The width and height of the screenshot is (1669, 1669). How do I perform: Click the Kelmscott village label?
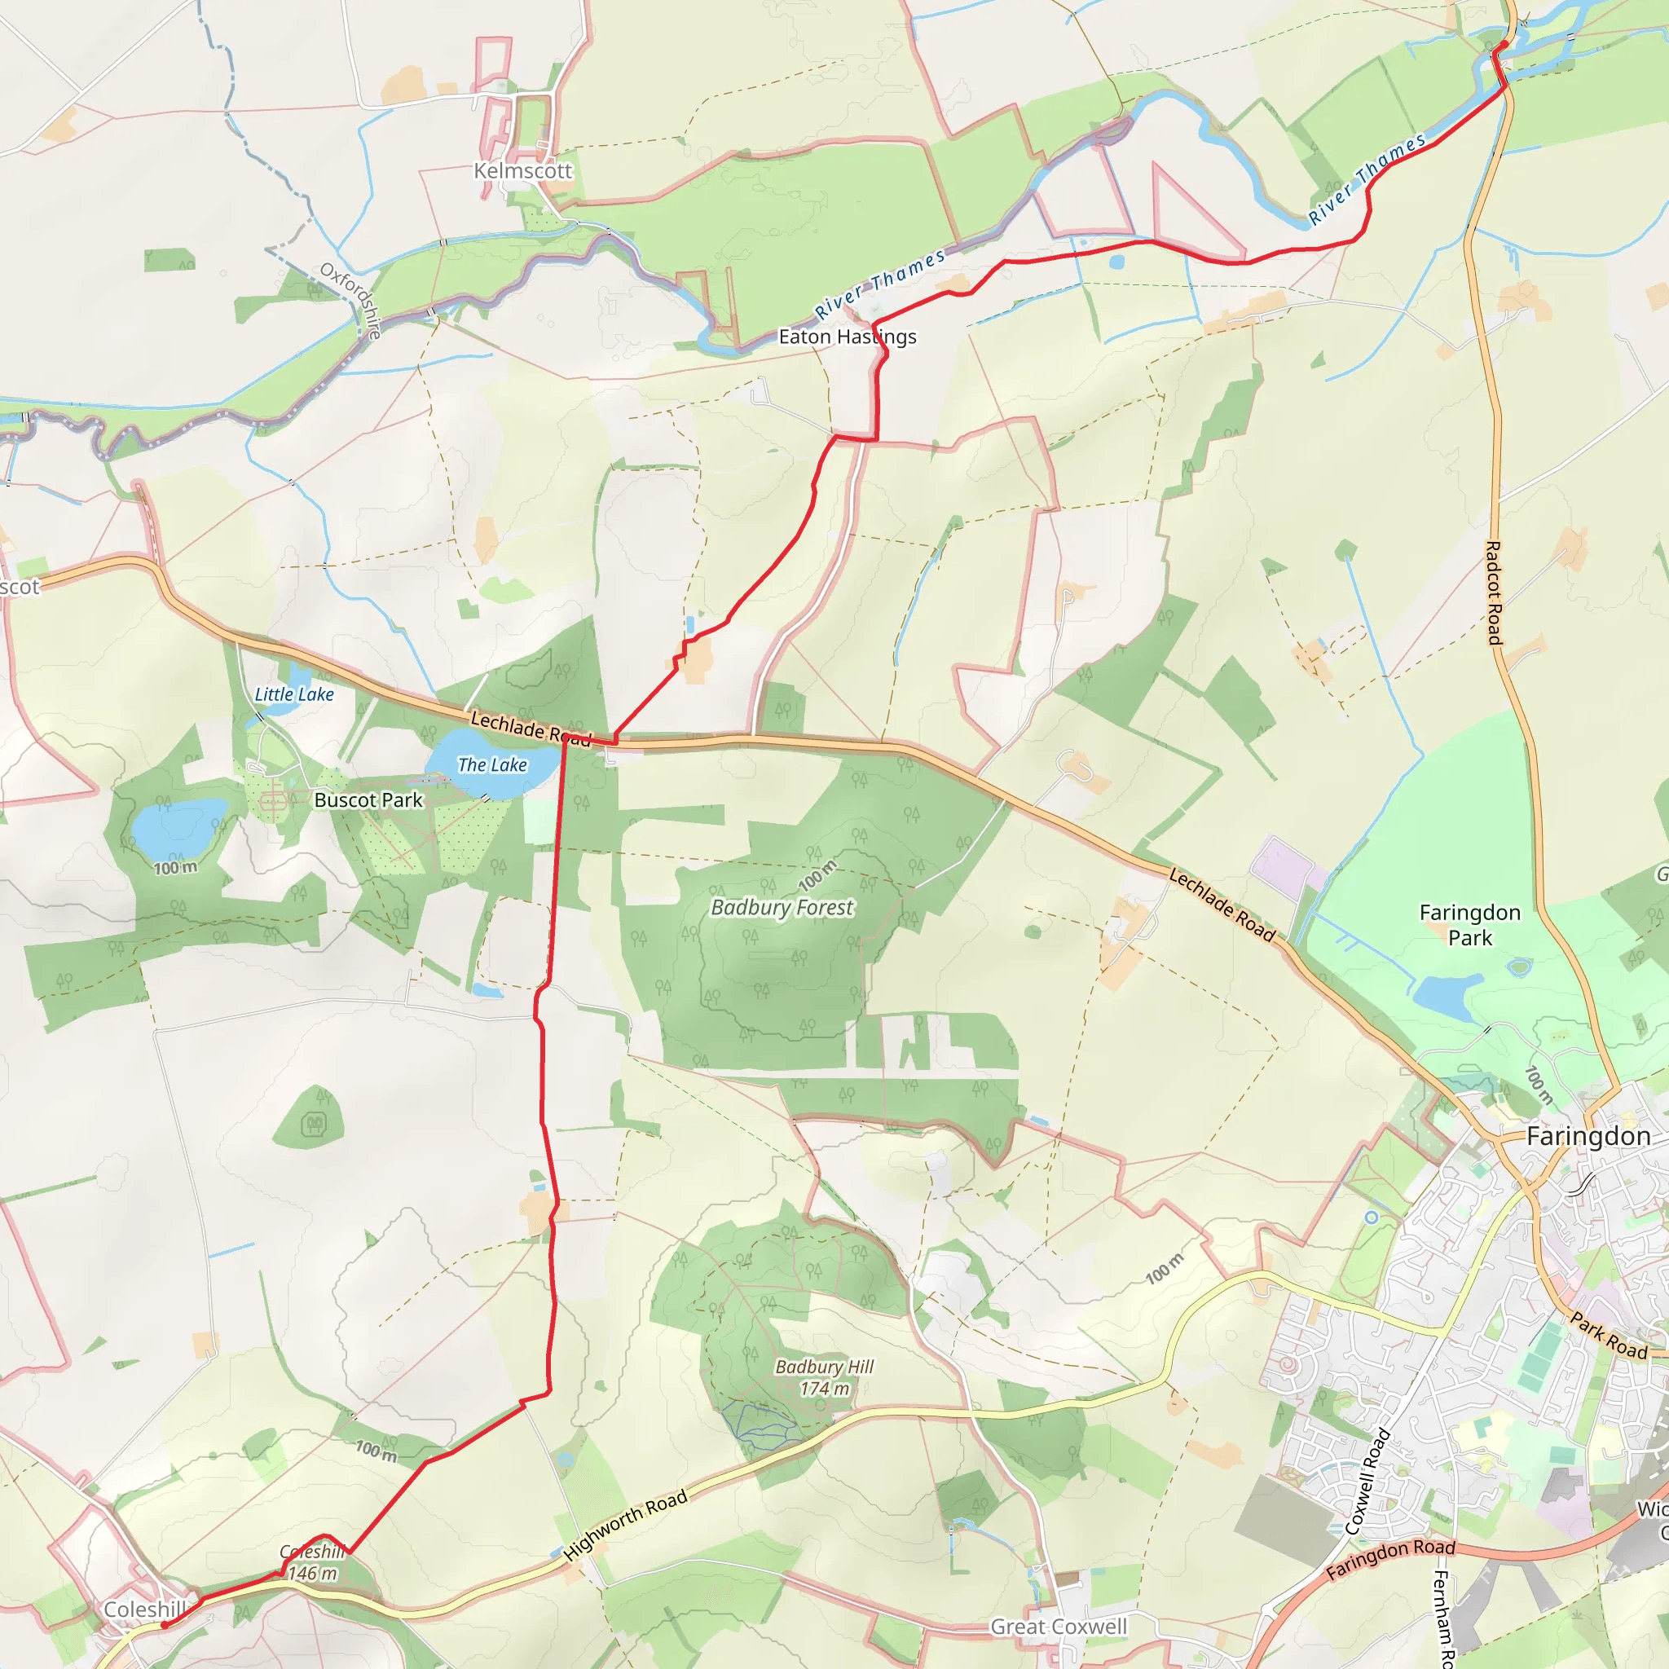pyautogui.click(x=522, y=171)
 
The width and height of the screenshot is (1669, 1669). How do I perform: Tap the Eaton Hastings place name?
pyautogui.click(x=847, y=337)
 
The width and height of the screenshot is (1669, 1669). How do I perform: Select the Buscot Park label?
pyautogui.click(x=369, y=800)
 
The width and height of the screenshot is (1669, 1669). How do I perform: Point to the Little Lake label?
pyautogui.click(x=293, y=694)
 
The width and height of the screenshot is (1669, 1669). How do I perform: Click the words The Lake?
pyautogui.click(x=491, y=764)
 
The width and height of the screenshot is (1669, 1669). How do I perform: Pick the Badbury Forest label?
pyautogui.click(x=782, y=908)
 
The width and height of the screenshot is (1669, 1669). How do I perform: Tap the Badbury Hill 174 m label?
pyautogui.click(x=824, y=1378)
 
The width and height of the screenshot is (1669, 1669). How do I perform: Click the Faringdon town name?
pyautogui.click(x=1588, y=1137)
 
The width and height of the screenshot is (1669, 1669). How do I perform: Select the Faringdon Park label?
pyautogui.click(x=1469, y=925)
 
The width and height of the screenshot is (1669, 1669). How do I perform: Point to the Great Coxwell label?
pyautogui.click(x=1059, y=1627)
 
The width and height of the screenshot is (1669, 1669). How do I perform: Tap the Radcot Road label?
pyautogui.click(x=1494, y=592)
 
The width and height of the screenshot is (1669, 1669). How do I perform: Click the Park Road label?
pyautogui.click(x=1609, y=1336)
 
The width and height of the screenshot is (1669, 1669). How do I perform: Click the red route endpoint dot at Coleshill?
pyautogui.click(x=164, y=1625)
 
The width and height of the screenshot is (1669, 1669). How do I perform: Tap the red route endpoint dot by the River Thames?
pyautogui.click(x=1504, y=44)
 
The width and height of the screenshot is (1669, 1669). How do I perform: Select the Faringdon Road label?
pyautogui.click(x=1391, y=1559)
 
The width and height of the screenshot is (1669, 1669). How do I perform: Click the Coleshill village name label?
pyautogui.click(x=144, y=1610)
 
